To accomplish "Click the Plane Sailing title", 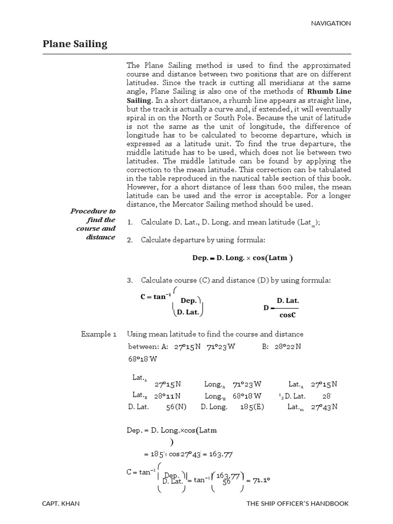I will pos(75,44).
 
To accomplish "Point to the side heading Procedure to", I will pos(93,211).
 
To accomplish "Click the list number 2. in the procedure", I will pos(129,240).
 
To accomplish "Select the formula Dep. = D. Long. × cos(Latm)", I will pos(243,258).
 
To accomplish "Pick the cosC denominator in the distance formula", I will pos(288,315).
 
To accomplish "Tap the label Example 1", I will pos(99,334).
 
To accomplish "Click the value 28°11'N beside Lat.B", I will pos(167,396).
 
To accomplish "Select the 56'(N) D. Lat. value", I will pos(177,407).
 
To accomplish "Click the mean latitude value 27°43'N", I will pos(324,407).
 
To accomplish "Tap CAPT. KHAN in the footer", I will pos(62,504).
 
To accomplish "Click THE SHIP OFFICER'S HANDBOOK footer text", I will pos(298,504).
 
